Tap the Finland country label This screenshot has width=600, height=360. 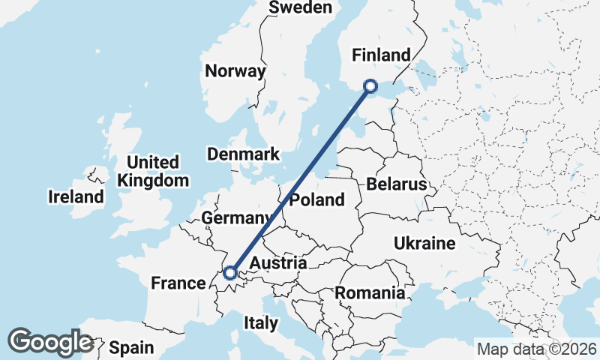pos(382,55)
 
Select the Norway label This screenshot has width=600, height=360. pos(235,71)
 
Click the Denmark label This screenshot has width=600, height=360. pos(243,154)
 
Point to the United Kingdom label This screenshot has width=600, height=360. pos(153,172)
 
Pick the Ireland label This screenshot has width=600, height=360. pos(76,197)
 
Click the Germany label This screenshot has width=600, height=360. pos(236,217)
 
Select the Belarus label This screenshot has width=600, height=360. pos(397,184)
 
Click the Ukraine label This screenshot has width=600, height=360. pos(424,244)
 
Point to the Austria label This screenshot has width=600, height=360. pos(277,264)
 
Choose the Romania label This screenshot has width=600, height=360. pos(370,293)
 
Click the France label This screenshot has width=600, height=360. pos(178,283)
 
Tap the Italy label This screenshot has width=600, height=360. pos(261,323)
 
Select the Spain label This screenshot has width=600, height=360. pos(131,348)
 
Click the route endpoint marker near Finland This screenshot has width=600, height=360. pos(370,86)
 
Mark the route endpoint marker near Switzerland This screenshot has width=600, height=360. pos(230,273)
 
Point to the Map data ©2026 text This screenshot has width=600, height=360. pos(536,349)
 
